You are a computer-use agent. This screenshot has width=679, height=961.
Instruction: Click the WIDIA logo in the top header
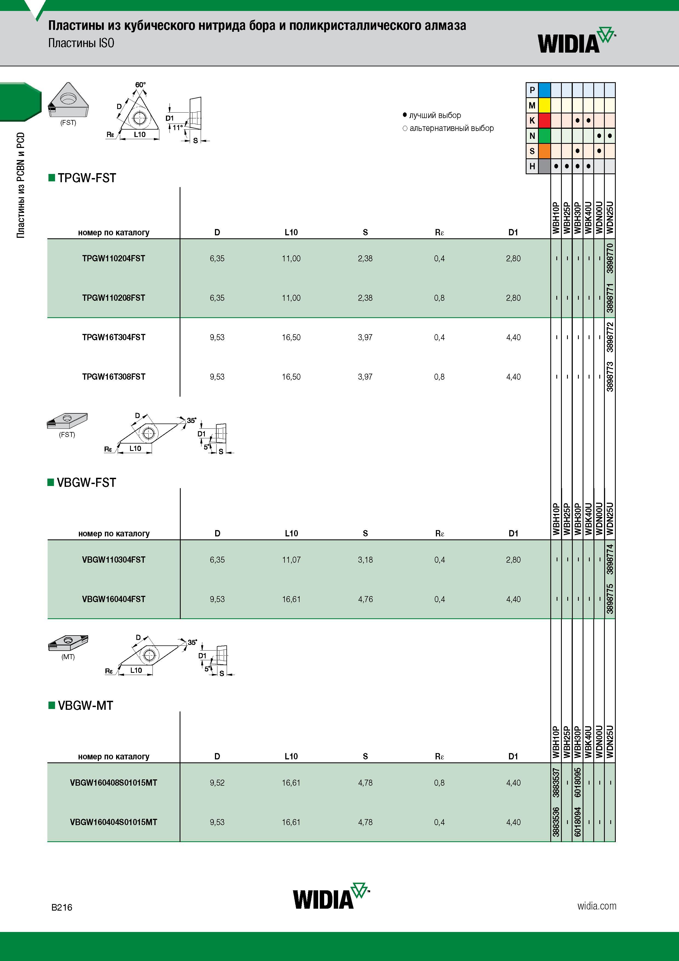(x=577, y=40)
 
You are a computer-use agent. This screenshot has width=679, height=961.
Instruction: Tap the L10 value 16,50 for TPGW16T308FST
(x=291, y=377)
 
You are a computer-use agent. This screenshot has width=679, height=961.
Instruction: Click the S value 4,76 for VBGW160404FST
(x=365, y=599)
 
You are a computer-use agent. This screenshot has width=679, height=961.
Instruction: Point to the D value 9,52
(x=217, y=783)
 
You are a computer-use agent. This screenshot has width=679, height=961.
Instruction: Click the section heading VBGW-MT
(x=85, y=705)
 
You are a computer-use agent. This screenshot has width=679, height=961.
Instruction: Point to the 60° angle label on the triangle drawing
(x=140, y=85)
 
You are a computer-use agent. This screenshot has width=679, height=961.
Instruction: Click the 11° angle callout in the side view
(x=178, y=127)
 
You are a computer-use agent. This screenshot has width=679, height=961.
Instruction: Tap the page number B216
(x=62, y=907)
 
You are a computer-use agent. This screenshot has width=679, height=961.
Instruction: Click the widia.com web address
(x=597, y=906)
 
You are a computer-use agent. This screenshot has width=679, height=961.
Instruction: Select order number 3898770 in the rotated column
(x=610, y=258)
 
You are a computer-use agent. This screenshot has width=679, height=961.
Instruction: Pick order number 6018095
(x=578, y=783)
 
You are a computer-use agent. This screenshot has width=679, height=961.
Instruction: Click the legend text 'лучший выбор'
(x=435, y=115)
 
